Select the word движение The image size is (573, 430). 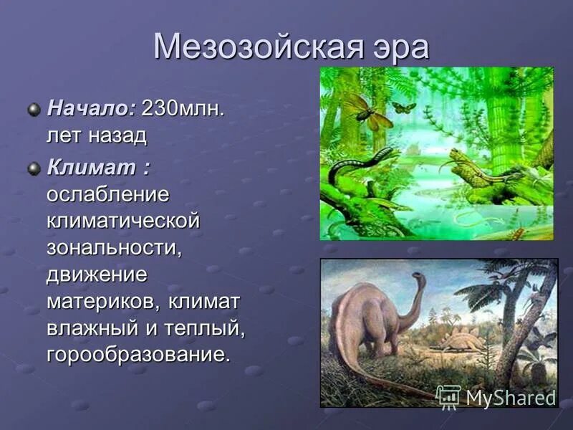97,274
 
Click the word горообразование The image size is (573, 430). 139,354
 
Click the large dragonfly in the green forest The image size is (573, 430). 367,111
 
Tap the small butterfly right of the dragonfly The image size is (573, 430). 404,107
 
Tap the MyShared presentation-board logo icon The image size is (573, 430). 449,396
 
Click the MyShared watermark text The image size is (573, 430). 511,397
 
